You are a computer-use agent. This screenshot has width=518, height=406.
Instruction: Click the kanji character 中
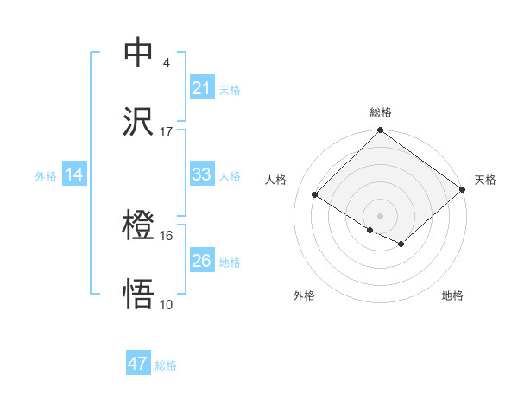coord(138,53)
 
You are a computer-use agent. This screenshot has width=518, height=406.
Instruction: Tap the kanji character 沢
coord(138,121)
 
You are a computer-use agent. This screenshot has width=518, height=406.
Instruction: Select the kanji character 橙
coord(138,225)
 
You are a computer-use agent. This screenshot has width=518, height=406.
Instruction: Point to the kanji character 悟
coord(138,294)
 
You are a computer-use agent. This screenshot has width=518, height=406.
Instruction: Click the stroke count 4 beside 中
coord(166,63)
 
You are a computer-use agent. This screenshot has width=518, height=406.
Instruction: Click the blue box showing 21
coord(202,88)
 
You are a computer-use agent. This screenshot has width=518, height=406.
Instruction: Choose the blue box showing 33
coord(202,174)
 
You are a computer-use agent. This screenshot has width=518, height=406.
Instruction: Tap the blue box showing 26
coord(202,260)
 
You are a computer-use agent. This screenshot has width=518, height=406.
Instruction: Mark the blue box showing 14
coord(74,174)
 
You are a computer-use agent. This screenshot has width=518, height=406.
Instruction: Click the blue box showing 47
coord(138,364)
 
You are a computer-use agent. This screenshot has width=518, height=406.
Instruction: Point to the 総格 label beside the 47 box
coord(166,365)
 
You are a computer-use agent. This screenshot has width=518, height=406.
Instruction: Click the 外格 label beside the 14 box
coord(46,175)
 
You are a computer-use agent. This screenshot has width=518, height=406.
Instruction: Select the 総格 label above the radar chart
coord(381,112)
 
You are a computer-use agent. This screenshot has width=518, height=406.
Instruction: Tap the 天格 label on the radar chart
coord(485,180)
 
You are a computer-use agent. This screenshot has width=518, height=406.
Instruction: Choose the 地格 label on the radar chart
coord(452,295)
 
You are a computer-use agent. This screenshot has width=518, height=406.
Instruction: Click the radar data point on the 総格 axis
coord(381,131)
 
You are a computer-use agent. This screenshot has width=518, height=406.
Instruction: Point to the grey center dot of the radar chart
coord(381,215)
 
